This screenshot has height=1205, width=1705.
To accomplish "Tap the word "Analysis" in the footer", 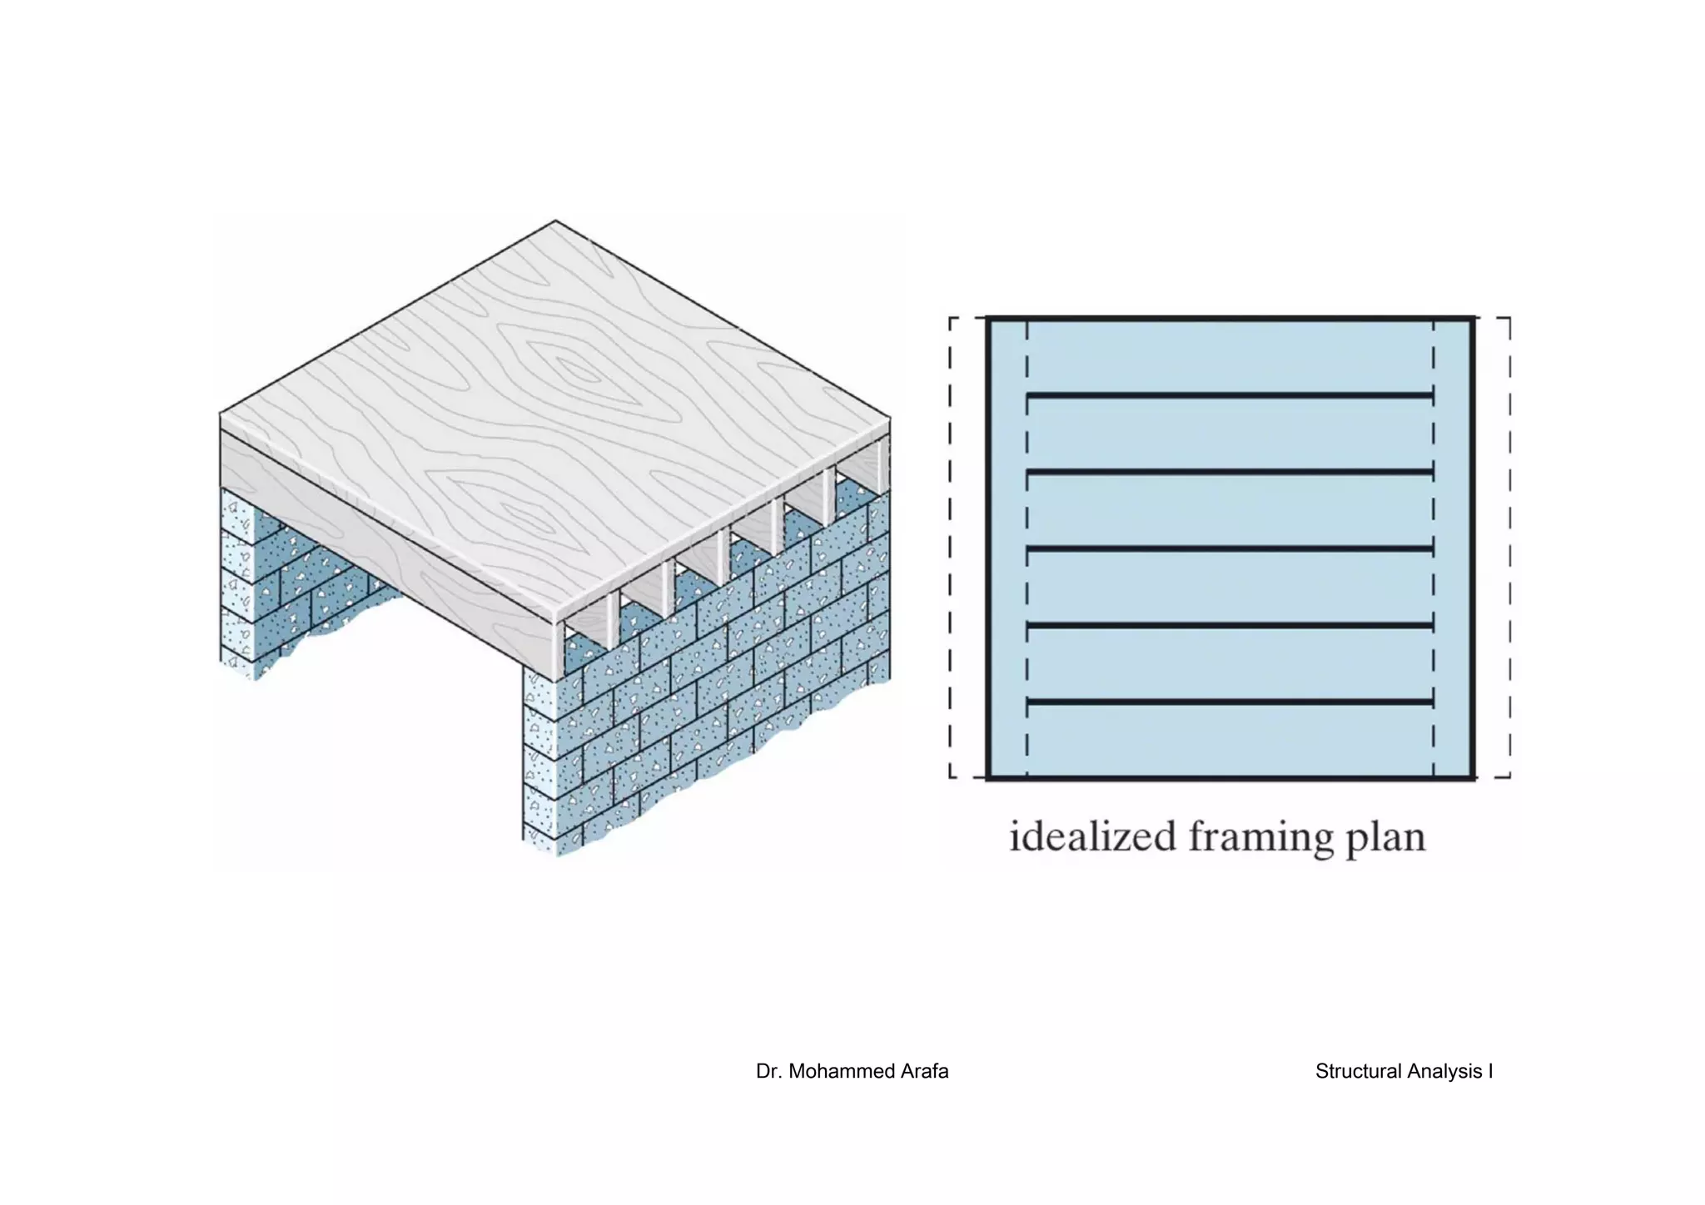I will coord(1443,1072).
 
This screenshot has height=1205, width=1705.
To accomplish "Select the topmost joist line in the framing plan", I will coord(1230,395).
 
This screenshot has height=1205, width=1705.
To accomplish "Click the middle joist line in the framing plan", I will coord(1230,549).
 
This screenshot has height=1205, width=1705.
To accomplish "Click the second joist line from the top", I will coord(1230,473).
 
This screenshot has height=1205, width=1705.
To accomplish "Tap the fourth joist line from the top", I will coord(1230,625).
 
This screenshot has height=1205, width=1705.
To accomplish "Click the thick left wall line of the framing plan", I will coord(987,548).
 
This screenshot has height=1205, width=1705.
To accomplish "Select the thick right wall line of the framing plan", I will coord(1473,548).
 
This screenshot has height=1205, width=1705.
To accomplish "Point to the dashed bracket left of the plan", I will coord(951,548).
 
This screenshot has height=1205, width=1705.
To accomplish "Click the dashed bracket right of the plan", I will coord(1509,548).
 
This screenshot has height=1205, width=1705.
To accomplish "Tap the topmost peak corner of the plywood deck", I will coord(555,221).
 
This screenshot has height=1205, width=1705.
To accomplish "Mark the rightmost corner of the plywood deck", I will coord(889,418).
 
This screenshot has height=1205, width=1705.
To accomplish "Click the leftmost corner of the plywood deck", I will coord(221,414).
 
